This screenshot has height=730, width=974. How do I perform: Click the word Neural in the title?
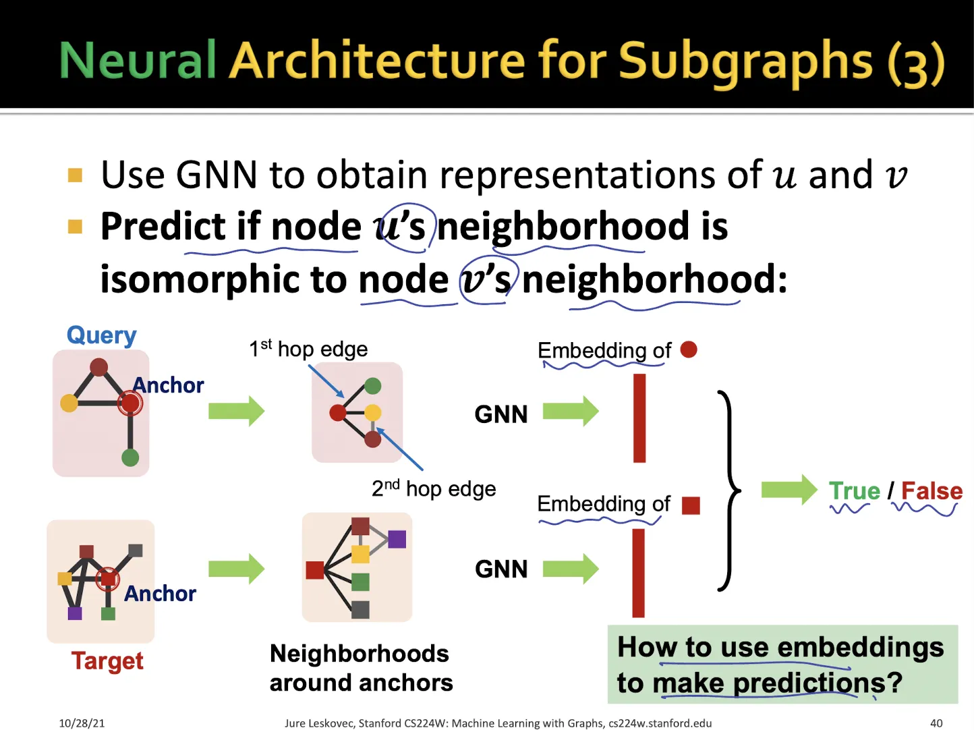[x=137, y=60]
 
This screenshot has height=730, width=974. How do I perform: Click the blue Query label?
[x=102, y=335]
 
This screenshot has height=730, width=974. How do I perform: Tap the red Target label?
[x=107, y=661]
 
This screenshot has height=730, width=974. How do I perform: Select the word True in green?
[x=855, y=490]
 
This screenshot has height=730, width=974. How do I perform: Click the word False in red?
[x=932, y=490]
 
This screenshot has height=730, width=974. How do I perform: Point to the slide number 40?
[x=936, y=723]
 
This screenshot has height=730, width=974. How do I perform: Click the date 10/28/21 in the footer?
[x=82, y=723]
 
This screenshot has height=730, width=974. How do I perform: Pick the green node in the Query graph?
[x=130, y=457]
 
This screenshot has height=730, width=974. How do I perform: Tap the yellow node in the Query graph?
[x=69, y=403]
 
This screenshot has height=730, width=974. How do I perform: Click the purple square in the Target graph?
[x=75, y=613]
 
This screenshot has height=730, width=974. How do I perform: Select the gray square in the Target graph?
[x=136, y=551]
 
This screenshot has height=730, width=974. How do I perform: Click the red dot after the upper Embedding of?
[x=689, y=349]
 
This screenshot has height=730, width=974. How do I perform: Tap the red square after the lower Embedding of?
[x=691, y=505]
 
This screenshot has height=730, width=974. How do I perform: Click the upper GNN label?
[x=501, y=414]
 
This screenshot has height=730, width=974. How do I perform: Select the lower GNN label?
[x=501, y=569]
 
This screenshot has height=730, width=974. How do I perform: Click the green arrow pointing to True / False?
[x=789, y=490]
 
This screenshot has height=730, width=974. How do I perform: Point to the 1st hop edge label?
[x=308, y=349]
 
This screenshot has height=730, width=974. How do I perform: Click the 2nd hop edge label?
[x=434, y=488]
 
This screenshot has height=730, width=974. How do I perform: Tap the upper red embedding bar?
[x=639, y=418]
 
